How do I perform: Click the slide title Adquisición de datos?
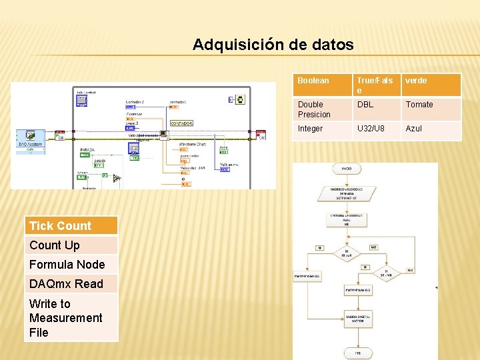pyautogui.click(x=273, y=45)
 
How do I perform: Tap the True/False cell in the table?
pyautogui.click(x=376, y=85)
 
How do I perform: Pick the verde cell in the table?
pyautogui.click(x=431, y=85)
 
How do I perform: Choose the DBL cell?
pyautogui.click(x=376, y=109)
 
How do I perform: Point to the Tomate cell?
pyautogui.click(x=431, y=109)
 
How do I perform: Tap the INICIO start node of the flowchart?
pyautogui.click(x=347, y=169)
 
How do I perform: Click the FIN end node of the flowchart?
pyautogui.click(x=357, y=353)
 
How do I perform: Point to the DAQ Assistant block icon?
pyautogui.click(x=30, y=137)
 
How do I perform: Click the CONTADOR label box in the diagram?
pyautogui.click(x=181, y=123)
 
